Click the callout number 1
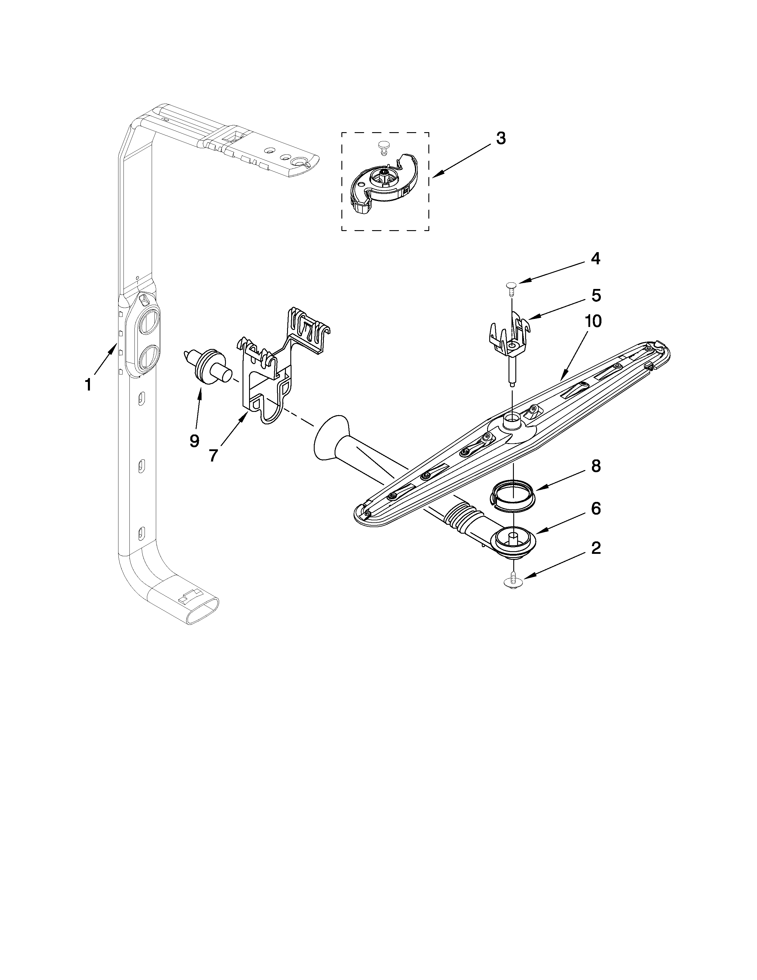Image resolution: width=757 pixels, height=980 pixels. coord(88,385)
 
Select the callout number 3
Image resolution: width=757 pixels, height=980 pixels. coord(501,139)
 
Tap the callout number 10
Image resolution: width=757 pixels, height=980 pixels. coord(593,322)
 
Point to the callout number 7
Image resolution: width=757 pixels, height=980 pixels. coord(213,456)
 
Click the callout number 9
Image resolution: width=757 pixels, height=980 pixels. coord(194,441)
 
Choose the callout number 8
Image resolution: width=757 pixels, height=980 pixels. coord(596,466)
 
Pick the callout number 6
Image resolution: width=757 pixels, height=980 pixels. coord(596,509)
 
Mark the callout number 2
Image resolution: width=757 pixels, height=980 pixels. coord(596,548)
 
